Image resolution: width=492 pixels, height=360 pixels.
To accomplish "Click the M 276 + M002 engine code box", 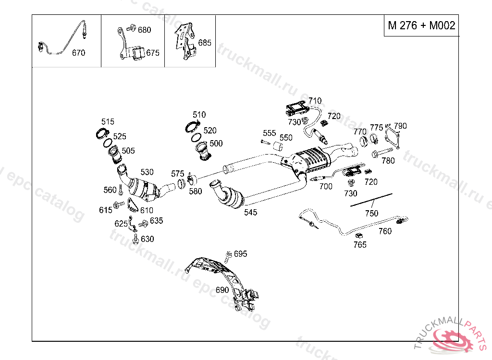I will [421, 25].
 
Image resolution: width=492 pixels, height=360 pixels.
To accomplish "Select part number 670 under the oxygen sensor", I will [78, 53].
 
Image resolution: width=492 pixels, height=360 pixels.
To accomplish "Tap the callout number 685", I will [205, 43].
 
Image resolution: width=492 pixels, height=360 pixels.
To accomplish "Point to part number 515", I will [108, 121].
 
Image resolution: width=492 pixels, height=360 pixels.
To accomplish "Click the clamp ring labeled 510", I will [192, 127].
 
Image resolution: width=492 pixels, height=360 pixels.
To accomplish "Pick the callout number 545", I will [250, 212].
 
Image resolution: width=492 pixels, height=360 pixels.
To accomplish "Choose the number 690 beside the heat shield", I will [222, 290].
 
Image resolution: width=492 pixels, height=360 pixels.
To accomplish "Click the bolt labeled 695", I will [229, 254].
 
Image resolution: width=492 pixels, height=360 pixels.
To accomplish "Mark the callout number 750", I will [371, 213].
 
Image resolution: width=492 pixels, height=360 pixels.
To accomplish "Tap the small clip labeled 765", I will [358, 235].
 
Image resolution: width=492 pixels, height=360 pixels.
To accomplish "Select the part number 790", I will [400, 126].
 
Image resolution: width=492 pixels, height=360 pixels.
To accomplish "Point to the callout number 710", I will [315, 101].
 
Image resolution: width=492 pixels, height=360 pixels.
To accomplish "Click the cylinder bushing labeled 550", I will [277, 146].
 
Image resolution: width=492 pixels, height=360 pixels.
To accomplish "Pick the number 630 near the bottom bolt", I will [148, 239].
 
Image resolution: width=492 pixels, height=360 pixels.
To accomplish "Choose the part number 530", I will [147, 172].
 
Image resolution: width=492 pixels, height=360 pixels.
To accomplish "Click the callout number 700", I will [325, 186].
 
